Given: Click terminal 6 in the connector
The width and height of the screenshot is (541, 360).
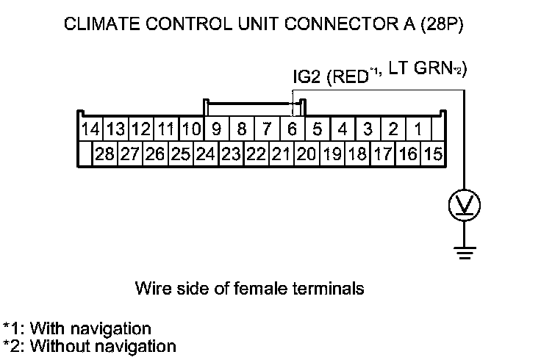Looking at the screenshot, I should [x=293, y=130].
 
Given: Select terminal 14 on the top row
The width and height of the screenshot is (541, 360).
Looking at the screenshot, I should [x=90, y=130].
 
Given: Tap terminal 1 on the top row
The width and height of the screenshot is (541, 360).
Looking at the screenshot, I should [x=418, y=130].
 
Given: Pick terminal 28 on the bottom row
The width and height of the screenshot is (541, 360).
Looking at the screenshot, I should [x=105, y=154].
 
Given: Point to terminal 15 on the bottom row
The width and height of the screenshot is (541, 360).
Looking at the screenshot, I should [x=434, y=154].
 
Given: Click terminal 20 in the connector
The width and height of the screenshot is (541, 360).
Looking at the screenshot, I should [x=305, y=154].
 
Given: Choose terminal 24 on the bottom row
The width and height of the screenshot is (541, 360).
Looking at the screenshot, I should [x=205, y=154].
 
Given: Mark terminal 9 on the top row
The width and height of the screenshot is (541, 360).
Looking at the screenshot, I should [x=216, y=130].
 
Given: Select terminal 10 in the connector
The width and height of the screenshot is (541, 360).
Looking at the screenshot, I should [x=191, y=130].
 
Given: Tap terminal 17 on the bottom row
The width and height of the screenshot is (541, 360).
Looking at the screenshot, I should [x=383, y=154].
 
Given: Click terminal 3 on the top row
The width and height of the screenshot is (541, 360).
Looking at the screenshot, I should [x=368, y=130].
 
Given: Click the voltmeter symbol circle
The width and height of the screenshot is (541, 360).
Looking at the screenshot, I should [x=463, y=205].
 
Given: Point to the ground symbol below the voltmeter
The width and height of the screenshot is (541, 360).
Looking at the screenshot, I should [x=463, y=253].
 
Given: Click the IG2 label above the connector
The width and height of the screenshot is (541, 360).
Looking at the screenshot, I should [x=307, y=76].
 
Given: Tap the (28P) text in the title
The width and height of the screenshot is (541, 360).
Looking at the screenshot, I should [x=442, y=26].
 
